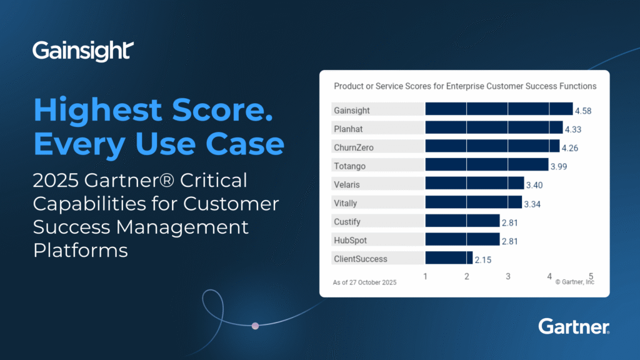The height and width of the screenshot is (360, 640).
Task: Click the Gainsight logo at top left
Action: pyautogui.click(x=82, y=51)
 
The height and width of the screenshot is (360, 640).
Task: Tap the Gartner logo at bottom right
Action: pyautogui.click(x=574, y=326)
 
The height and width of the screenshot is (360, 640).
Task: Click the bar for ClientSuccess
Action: pyautogui.click(x=449, y=258)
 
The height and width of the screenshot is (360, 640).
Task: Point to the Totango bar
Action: pyautogui.click(x=486, y=165)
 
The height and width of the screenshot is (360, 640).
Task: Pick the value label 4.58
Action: pyautogui.click(x=582, y=111)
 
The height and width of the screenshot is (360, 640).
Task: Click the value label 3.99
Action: pyautogui.click(x=558, y=166)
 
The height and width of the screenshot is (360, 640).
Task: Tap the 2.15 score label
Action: pyautogui.click(x=482, y=259)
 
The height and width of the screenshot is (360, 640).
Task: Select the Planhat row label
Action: pyautogui.click(x=349, y=129)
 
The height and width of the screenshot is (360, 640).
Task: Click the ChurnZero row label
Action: pyautogui.click(x=353, y=147)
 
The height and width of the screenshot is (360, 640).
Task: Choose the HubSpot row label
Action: pyautogui.click(x=350, y=240)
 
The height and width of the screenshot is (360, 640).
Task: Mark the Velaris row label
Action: pyautogui.click(x=347, y=184)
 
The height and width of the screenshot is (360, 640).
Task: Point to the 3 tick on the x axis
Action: pyautogui.click(x=508, y=276)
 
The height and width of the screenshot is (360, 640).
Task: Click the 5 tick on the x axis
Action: pyautogui.click(x=591, y=276)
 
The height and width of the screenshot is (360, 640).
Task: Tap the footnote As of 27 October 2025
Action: pyautogui.click(x=364, y=282)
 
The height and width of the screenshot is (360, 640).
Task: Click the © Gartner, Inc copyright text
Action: pyautogui.click(x=574, y=282)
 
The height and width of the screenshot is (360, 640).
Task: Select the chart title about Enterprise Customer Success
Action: pyautogui.click(x=464, y=86)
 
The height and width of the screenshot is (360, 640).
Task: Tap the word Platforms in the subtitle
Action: pyautogui.click(x=80, y=250)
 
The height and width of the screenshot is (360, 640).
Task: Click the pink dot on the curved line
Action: pyautogui.click(x=255, y=326)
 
